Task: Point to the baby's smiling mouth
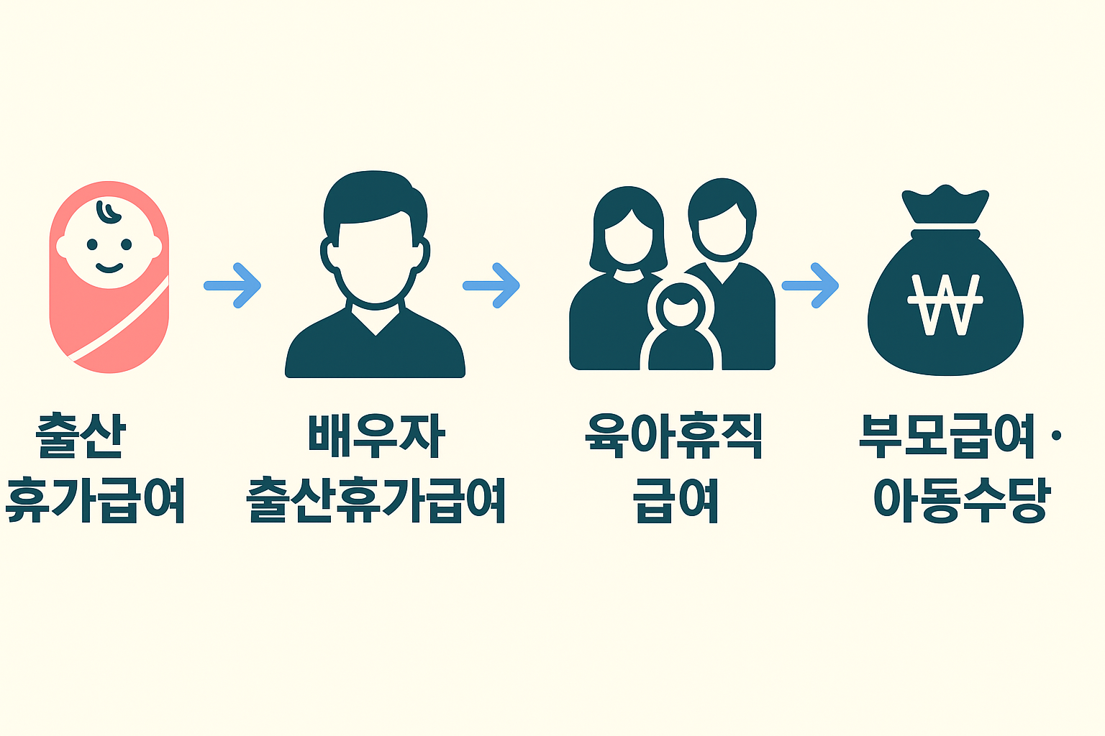tap(109, 268)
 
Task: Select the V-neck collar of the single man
tap(376, 320)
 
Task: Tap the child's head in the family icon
tap(681, 306)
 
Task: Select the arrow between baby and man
tap(232, 285)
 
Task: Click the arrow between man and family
tap(491, 285)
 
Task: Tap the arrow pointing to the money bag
tap(811, 285)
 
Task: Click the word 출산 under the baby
tap(81, 436)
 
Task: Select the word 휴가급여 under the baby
tap(95, 499)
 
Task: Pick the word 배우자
tap(376, 436)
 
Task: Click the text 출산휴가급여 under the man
tap(376, 499)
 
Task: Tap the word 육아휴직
tap(674, 436)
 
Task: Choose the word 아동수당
tap(962, 499)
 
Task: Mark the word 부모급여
tap(947, 436)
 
